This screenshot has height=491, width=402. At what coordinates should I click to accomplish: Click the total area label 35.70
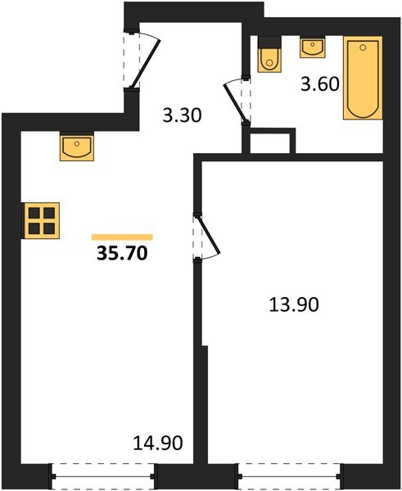coord(122,253)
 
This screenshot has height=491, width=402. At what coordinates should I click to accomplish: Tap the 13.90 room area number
coord(294,304)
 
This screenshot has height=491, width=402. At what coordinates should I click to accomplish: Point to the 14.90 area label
coord(158,443)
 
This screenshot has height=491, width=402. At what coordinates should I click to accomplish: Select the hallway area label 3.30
coord(182,115)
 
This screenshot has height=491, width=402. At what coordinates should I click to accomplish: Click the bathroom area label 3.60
coord(320,84)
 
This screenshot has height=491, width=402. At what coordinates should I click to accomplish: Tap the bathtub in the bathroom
coord(363,78)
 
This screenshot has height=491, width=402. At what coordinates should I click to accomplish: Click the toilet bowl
coord(269,61)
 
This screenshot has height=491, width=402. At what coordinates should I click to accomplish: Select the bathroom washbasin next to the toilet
coord(313,47)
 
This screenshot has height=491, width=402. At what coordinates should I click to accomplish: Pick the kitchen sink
coord(77,146)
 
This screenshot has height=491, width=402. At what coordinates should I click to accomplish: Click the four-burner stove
coord(42,220)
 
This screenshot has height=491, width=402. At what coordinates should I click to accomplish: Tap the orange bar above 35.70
coord(122,237)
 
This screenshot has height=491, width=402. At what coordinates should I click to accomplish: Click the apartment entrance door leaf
coord(146,64)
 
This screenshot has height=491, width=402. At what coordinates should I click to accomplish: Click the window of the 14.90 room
coord(102,476)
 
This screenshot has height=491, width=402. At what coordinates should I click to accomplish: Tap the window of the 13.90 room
coord(290,476)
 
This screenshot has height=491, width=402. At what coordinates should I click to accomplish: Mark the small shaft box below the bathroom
coord(269,141)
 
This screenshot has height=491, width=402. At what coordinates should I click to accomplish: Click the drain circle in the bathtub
coord(363,47)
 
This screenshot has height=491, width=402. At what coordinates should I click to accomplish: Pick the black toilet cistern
coord(269,43)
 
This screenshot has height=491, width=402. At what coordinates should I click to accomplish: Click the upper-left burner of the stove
coord(34,213)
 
